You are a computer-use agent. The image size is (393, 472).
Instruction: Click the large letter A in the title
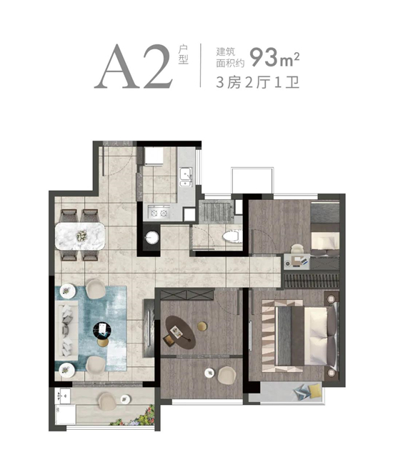pyautogui.click(x=116, y=67)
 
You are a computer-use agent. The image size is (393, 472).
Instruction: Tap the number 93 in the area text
pyautogui.click(x=264, y=58)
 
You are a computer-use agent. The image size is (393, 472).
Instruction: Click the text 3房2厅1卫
pyautogui.click(x=257, y=82)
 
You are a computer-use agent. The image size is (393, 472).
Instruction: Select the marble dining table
pyautogui.click(x=80, y=236)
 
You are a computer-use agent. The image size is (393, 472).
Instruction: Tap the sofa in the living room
pyautogui.click(x=66, y=331)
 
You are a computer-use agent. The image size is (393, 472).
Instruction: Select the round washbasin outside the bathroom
pyautogui.click(x=151, y=237)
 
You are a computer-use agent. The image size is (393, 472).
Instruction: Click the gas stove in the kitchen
pyautogui.click(x=159, y=213)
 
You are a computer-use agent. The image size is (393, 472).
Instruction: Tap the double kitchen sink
pyautogui.click(x=186, y=177)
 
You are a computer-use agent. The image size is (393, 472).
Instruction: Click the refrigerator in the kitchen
pyautogui.click(x=154, y=156)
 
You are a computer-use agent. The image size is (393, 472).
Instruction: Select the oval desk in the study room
pyautogui.click(x=181, y=332)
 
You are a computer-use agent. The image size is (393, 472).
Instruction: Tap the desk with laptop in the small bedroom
pyautogui.click(x=297, y=261)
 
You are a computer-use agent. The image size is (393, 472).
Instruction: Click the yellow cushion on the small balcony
pyautogui.click(x=315, y=391)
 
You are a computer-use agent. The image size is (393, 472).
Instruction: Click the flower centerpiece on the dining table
pyautogui.click(x=81, y=236)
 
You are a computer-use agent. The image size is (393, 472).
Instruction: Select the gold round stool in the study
pyautogui.click(x=202, y=326)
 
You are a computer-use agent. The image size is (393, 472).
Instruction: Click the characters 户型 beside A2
pyautogui.click(x=183, y=55)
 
